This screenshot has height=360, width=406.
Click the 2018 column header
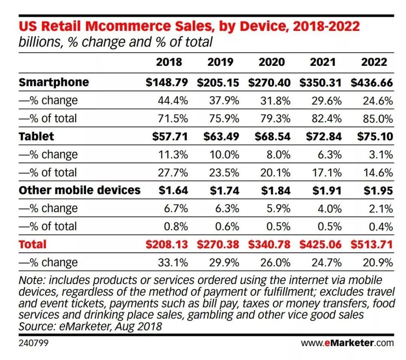coord(169,62)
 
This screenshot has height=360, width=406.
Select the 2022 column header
coord(374,62)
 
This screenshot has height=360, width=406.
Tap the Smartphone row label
coord(54,82)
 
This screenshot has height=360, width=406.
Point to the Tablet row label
coord(36,136)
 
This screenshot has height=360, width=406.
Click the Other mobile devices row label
coord(80,190)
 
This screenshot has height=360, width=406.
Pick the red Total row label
coord(32,244)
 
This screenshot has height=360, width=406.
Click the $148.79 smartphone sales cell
coord(167,83)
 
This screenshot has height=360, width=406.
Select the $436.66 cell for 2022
coord(372,83)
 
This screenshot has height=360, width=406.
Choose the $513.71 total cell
coord(372,245)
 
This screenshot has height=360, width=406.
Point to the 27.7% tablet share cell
coord(173,172)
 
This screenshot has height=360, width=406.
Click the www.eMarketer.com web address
coord(347,343)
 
